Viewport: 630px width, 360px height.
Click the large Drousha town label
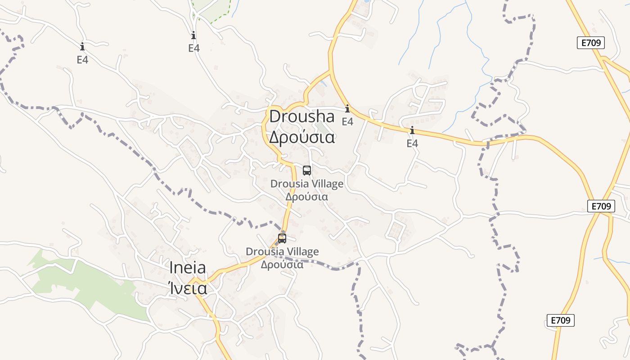pos(302,117)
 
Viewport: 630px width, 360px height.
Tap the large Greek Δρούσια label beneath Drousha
pos(302,137)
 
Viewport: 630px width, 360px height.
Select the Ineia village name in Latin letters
pos(188,268)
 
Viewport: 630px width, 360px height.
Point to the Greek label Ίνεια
pos(188,288)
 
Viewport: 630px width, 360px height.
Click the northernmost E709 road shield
pos(590,43)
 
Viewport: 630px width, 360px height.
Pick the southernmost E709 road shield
pos(561,320)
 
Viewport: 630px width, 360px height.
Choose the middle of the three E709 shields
pos(601,206)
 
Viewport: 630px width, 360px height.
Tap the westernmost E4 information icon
pos(82,46)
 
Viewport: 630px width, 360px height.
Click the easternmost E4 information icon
pos(412,130)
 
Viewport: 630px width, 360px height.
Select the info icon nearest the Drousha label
pos(347,108)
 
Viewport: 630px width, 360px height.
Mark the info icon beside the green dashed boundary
pos(194,35)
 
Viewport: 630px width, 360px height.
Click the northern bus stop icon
pos(307,171)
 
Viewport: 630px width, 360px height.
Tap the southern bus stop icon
pos(282,238)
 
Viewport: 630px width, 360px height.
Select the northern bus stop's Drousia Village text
pos(307,184)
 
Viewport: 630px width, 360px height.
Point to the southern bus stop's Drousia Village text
pos(282,252)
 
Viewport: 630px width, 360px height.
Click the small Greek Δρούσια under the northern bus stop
pos(307,197)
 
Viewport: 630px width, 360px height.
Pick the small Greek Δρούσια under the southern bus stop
pos(282,265)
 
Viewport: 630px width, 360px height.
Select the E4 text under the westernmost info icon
pos(82,59)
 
